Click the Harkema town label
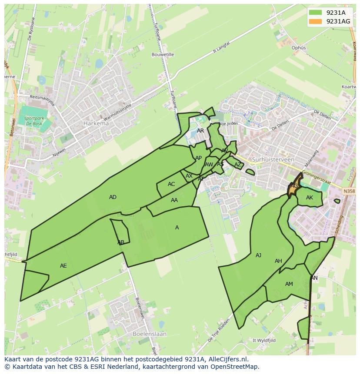point(96,123)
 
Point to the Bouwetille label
point(163,55)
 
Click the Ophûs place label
point(299,48)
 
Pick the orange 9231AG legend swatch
point(316,21)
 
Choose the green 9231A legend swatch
point(316,13)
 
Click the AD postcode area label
point(113,197)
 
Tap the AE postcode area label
point(63,265)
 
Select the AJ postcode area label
point(258,255)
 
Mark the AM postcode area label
point(289,284)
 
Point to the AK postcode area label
point(310,198)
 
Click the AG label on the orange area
point(294,186)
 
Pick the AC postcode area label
point(171,184)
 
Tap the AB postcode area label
point(121,242)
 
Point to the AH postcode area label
point(278,261)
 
